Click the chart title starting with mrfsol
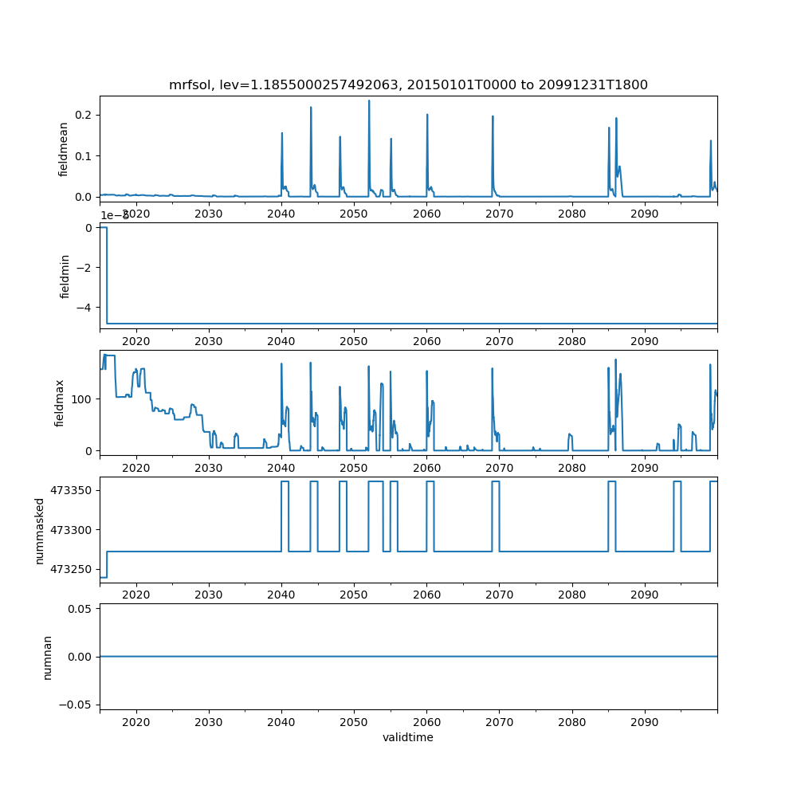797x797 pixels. pos(408,84)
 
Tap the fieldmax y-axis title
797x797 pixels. pos(59,402)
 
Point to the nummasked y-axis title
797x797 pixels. pos(39,531)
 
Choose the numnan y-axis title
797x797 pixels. pos(47,657)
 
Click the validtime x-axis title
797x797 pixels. pos(408,737)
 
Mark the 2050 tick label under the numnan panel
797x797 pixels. pos(354,723)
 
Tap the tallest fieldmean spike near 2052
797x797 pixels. pos(369,101)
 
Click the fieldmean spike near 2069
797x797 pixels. pos(493,117)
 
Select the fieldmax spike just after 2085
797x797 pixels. pos(615,360)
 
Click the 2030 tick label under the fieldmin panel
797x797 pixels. pos(208,340)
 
